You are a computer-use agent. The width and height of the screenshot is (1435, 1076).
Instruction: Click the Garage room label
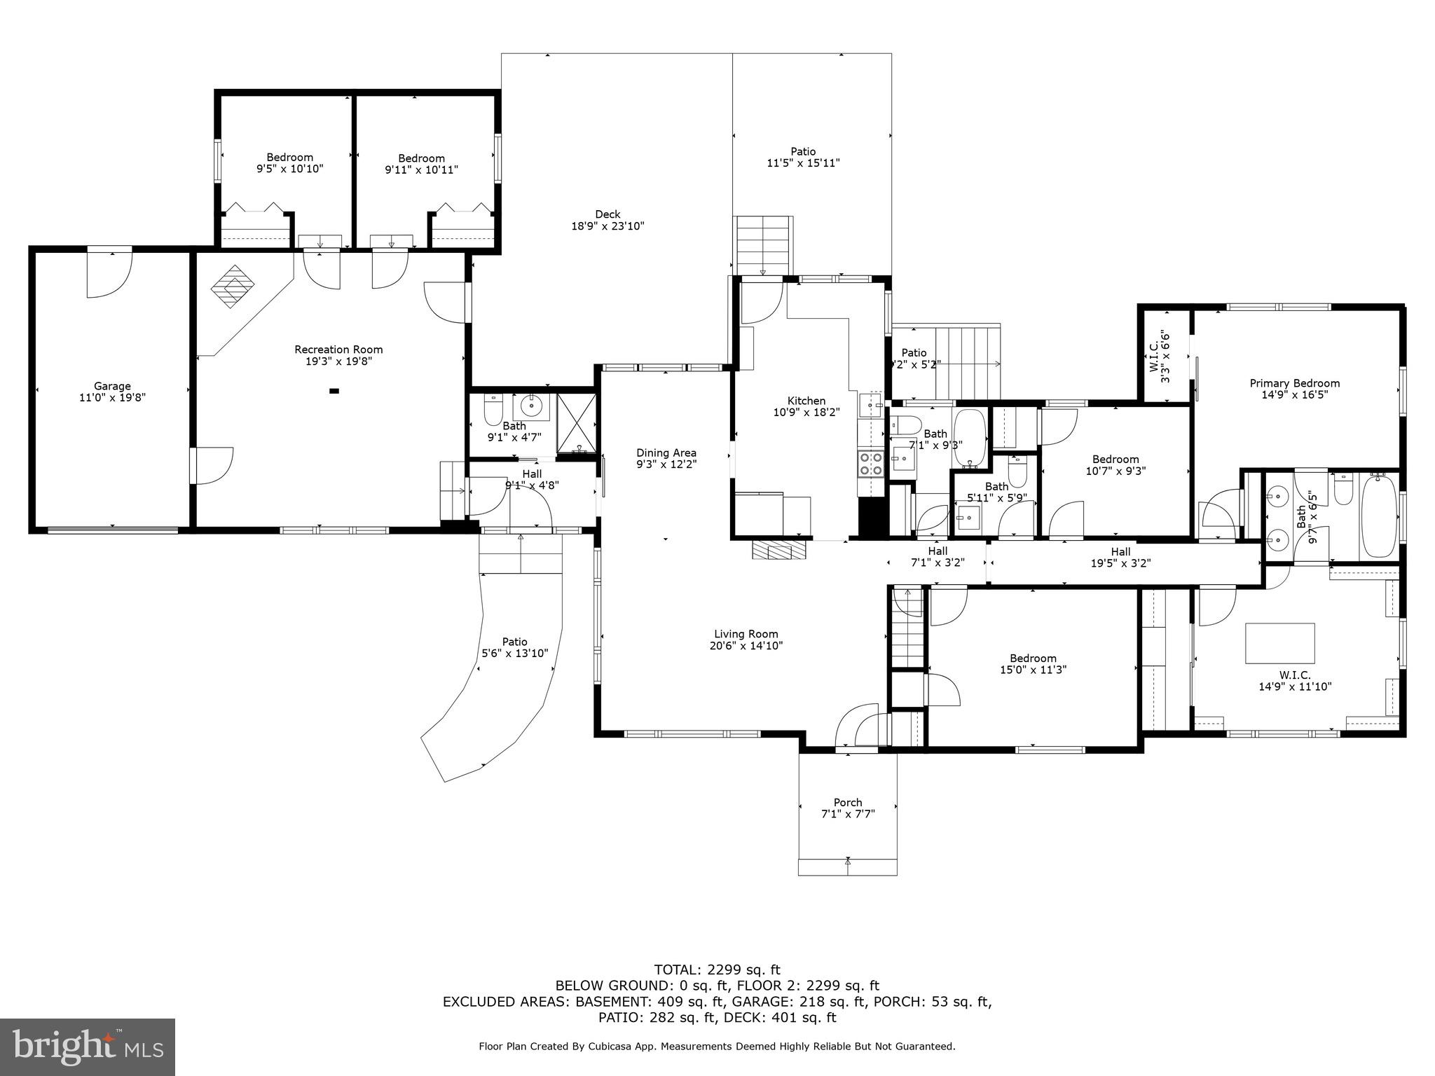pos(112,386)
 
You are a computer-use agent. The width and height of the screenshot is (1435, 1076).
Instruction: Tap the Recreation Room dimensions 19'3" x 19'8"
pos(338,361)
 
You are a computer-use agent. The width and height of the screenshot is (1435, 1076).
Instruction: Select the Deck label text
pos(607,214)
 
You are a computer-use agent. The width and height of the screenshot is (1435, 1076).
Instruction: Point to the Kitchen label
pos(806,401)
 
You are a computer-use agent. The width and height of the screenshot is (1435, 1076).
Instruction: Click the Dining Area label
pos(666,453)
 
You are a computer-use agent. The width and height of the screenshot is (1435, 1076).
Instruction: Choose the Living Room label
pos(746,634)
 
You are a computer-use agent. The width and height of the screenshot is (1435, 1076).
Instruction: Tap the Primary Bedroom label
pos(1294,383)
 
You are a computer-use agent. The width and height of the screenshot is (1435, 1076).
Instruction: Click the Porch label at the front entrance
pos(847,802)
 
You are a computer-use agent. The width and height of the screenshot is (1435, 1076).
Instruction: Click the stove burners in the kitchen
pos(871,464)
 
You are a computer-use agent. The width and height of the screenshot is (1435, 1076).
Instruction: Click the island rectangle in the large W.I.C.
pos(1279,643)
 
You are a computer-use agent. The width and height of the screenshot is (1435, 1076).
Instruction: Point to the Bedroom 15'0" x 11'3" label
pos(1033,658)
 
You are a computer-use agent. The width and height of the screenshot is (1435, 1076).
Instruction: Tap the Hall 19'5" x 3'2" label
pos(1120,551)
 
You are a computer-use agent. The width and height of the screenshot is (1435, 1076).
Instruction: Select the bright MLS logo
pos(88,1047)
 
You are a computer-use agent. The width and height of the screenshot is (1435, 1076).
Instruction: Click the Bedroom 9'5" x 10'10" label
pos(289,158)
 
